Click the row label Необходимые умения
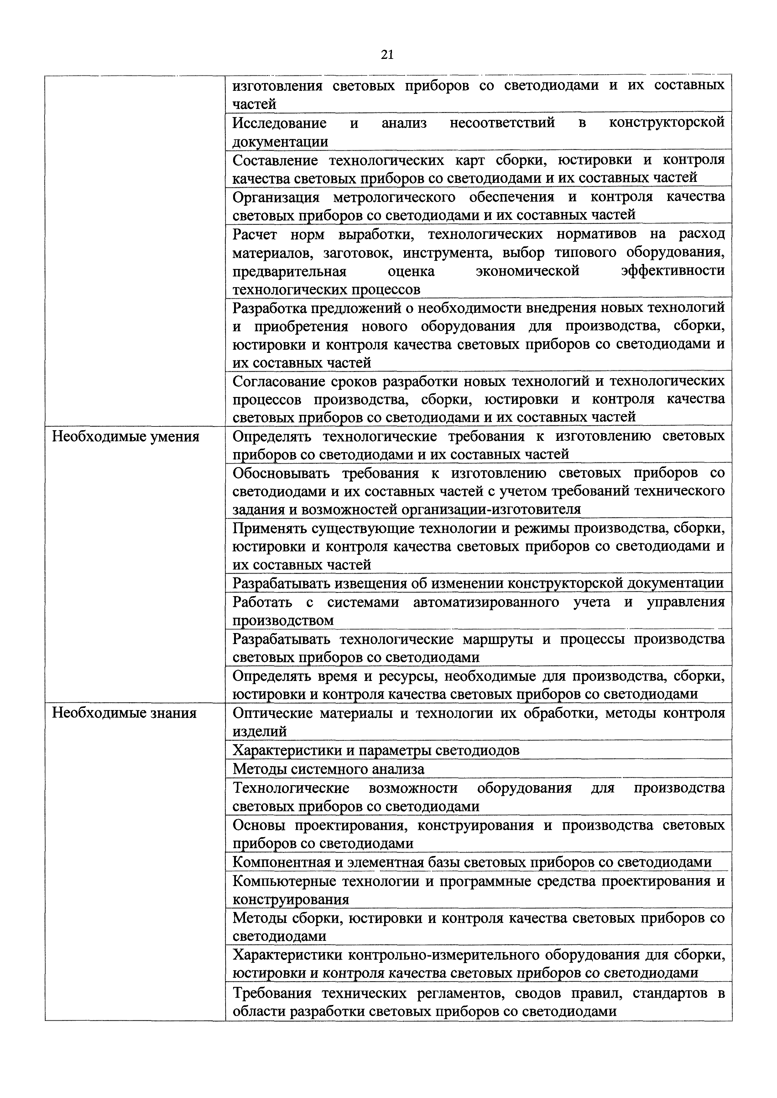pyautogui.click(x=125, y=437)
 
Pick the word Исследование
pyautogui.click(x=279, y=123)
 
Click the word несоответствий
pyautogui.click(x=502, y=123)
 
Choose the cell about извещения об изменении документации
pyautogui.click(x=477, y=583)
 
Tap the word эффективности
pyautogui.click(x=673, y=271)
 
